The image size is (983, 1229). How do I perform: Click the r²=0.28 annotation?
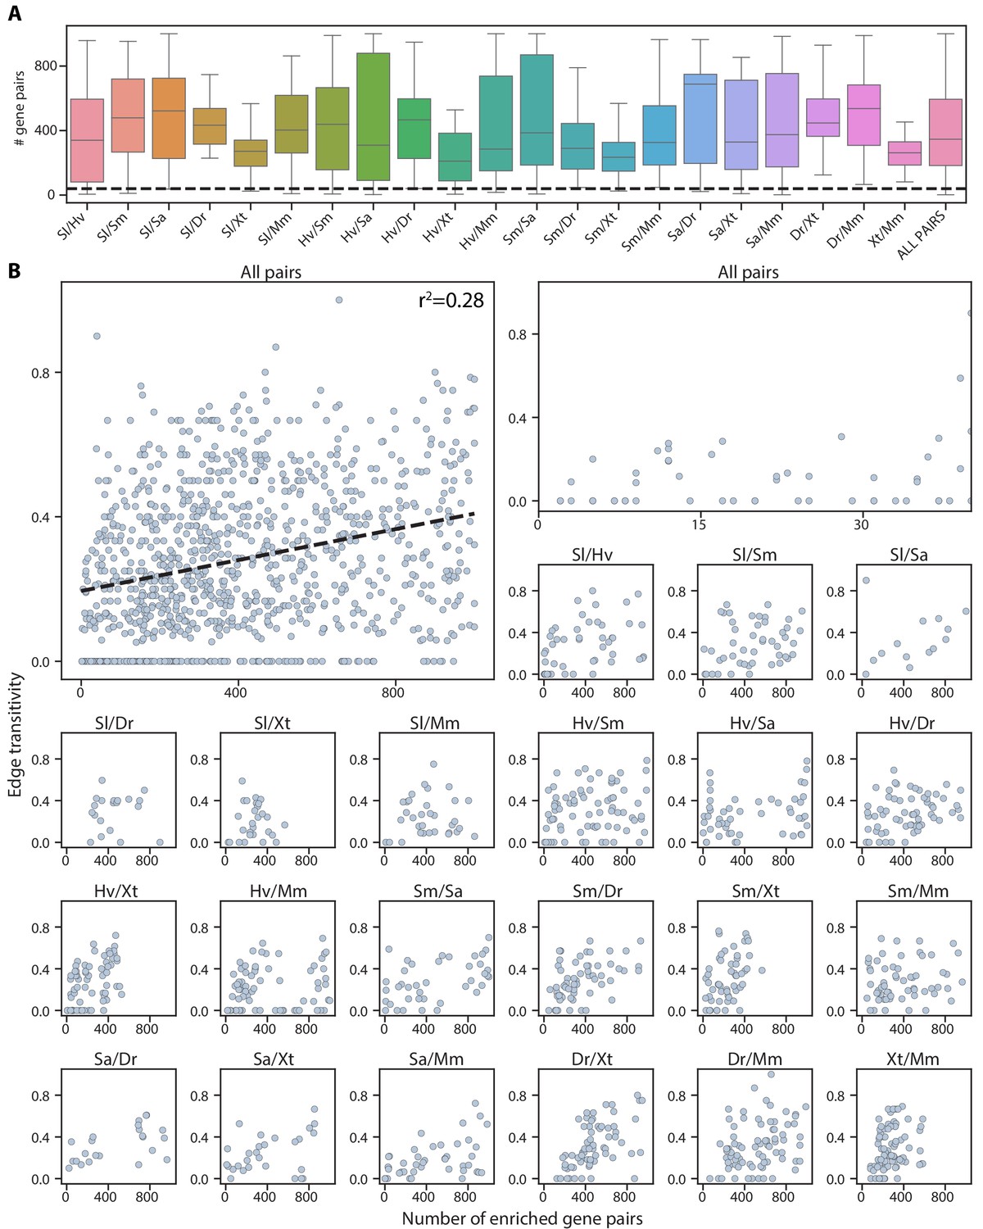point(451,301)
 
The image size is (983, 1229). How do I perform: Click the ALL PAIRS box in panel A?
point(945,133)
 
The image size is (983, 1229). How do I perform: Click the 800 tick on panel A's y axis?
point(46,66)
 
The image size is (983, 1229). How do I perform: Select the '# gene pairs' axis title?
point(19,108)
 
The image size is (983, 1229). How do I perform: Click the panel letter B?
point(14,270)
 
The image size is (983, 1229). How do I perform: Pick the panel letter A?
point(14,14)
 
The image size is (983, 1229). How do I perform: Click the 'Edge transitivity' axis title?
point(16,735)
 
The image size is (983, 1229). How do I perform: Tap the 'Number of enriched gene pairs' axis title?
point(522,1218)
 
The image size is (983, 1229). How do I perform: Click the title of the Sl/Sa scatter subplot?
point(908,555)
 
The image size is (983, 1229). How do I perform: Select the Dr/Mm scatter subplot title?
point(754,1059)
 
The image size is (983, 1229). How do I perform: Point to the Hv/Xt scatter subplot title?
point(116,891)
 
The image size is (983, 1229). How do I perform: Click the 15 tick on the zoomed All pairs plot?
point(698,524)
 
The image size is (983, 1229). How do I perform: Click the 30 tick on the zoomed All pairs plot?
point(861,524)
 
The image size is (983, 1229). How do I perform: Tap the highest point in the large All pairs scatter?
point(339,300)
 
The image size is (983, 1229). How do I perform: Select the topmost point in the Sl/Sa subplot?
point(866,580)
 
